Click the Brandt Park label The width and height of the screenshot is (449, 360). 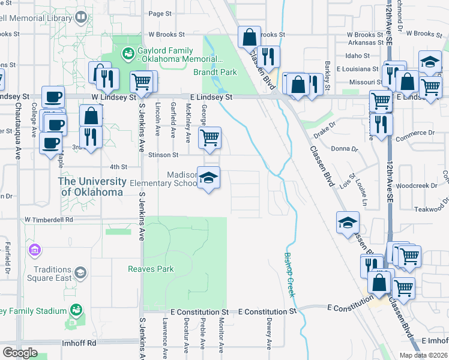215,73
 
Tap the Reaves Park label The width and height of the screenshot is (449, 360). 151,269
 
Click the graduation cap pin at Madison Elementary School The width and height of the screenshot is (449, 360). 209,178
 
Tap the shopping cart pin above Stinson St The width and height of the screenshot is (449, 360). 209,138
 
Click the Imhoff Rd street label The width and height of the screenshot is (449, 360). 79,343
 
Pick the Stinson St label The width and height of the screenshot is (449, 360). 167,155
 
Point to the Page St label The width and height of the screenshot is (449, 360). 160,14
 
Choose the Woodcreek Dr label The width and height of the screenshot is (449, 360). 417,186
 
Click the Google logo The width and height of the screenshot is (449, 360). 20,352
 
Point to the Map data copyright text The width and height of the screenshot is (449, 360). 423,355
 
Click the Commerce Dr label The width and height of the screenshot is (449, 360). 415,133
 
